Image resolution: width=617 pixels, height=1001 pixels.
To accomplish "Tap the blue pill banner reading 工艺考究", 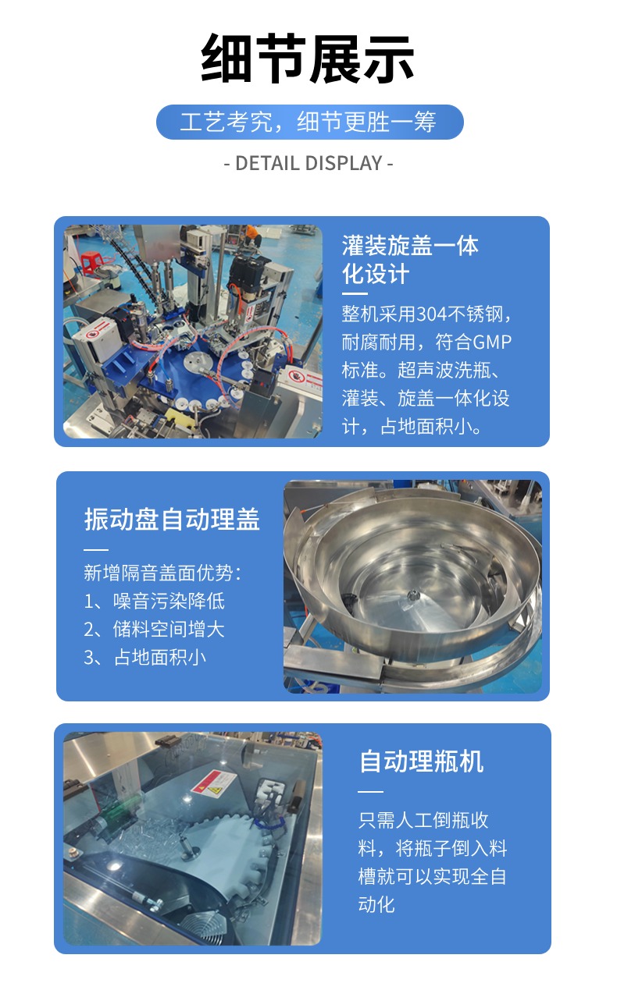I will click(x=309, y=122).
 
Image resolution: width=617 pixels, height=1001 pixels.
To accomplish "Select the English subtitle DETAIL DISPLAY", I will click(x=308, y=163).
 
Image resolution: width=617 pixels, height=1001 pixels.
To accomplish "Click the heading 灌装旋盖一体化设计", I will click(x=410, y=260).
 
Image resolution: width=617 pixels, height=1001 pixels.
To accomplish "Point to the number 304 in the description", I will click(x=434, y=314).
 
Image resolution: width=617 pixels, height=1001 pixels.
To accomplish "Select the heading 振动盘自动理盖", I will click(x=172, y=520).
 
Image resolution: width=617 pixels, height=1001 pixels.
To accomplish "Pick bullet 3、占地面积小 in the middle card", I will click(x=145, y=656).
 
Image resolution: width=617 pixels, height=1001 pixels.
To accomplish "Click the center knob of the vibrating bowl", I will click(x=413, y=595).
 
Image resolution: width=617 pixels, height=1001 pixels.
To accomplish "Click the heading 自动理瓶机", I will click(x=421, y=761).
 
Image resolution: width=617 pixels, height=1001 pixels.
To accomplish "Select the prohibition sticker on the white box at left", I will click(x=95, y=335).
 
